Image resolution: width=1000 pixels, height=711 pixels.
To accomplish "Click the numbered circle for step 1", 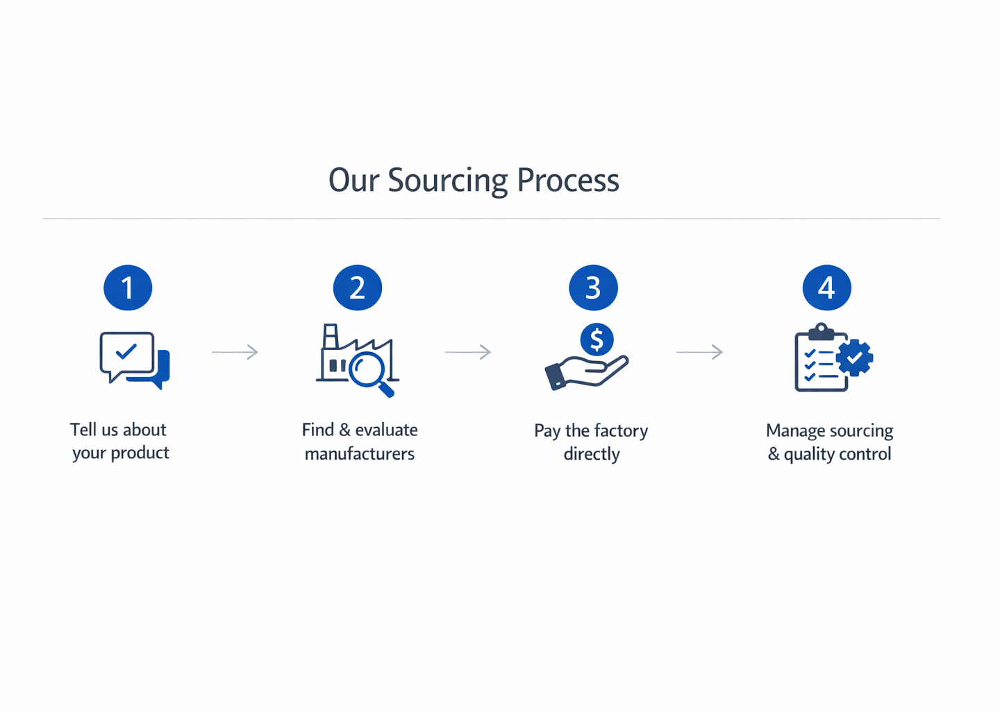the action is (x=128, y=287).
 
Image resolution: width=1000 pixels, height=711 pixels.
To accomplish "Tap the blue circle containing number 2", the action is (x=358, y=287).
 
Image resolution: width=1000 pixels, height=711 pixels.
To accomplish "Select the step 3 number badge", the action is (x=593, y=287).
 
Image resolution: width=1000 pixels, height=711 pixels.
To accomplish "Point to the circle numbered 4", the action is (x=826, y=287).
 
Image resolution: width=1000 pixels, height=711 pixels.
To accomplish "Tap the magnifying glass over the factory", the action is (x=368, y=369).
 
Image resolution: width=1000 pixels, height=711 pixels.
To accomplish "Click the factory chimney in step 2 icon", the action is (x=331, y=337).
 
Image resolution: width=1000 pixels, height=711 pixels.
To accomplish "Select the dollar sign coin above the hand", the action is (x=597, y=340).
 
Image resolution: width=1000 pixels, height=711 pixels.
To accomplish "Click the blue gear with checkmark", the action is (x=854, y=358).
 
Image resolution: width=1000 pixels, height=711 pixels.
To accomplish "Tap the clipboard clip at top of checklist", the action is (x=821, y=331).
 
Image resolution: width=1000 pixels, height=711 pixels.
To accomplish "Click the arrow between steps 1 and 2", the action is (x=235, y=352).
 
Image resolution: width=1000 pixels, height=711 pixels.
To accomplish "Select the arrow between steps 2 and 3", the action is (x=467, y=352).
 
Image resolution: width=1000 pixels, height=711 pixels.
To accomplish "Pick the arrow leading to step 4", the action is (x=699, y=352).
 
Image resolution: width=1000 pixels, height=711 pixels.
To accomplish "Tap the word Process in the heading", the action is (x=567, y=181).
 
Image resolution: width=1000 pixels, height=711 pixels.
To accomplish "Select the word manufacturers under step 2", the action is (x=360, y=454).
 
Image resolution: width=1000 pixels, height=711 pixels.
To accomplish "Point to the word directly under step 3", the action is (x=592, y=454).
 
